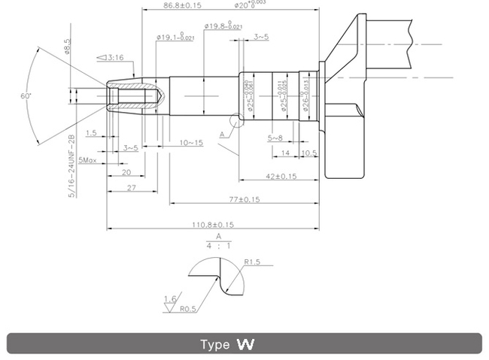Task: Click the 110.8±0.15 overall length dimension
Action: [212, 224]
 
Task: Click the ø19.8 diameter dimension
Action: [223, 26]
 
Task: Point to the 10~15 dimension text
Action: [191, 142]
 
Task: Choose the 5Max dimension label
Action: [87, 159]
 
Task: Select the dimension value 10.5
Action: [308, 153]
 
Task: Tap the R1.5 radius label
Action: [252, 262]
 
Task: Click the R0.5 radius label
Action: [189, 309]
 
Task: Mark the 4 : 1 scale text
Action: [219, 245]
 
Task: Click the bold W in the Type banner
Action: [245, 345]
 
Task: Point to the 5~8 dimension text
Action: [275, 138]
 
